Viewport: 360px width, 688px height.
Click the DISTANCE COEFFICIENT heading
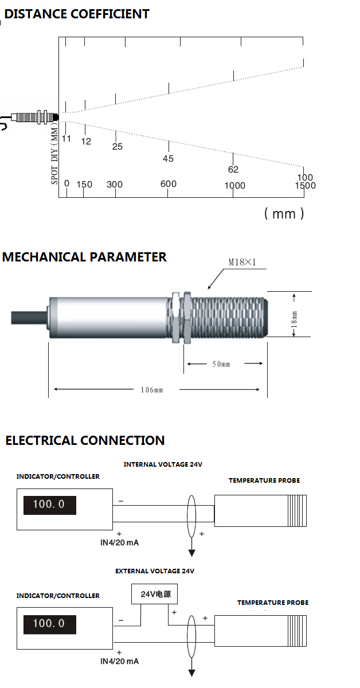(77, 14)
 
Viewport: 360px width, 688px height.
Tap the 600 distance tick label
(169, 184)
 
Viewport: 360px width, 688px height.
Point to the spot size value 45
(168, 159)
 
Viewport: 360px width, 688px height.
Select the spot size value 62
(233, 170)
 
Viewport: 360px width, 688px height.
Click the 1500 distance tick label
(305, 186)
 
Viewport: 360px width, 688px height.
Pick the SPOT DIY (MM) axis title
(55, 155)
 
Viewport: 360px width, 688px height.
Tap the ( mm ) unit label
(284, 214)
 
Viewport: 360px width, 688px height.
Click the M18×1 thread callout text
(241, 262)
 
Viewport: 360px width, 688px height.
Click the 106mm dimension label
(152, 390)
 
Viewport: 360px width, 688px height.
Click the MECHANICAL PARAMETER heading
(84, 257)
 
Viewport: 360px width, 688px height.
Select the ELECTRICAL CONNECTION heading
(85, 441)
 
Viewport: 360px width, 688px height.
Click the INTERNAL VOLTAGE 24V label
(163, 465)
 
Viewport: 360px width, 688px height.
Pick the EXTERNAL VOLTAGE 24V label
(155, 572)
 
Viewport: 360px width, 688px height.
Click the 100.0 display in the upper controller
(49, 505)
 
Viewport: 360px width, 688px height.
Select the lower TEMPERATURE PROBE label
(273, 603)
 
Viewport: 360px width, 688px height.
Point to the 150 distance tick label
(84, 185)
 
